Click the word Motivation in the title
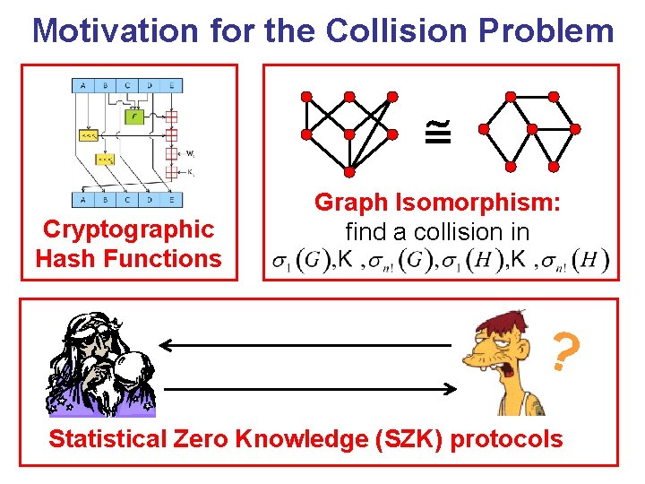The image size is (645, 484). point(115,30)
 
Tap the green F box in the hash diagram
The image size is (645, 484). point(133,116)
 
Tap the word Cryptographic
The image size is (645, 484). point(128,229)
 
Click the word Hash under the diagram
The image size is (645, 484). point(65,259)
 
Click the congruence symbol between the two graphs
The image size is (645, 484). point(446,133)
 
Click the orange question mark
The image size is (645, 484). point(563,352)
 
